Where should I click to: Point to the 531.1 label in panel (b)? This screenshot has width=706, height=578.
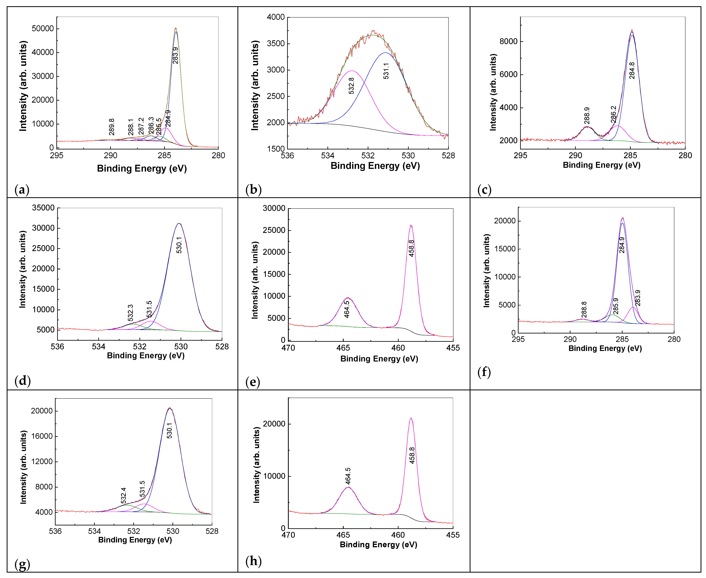[x=386, y=71]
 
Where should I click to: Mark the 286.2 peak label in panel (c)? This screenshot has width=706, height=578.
[x=613, y=114]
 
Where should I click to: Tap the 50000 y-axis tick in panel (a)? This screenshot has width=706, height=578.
[x=43, y=29]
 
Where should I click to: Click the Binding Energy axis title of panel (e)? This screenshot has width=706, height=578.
[x=379, y=359]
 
